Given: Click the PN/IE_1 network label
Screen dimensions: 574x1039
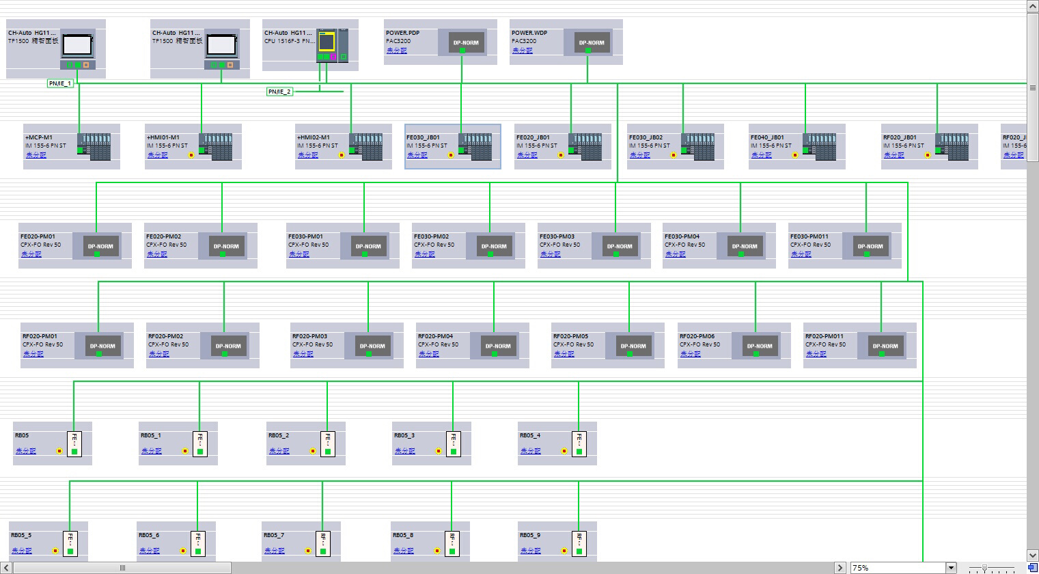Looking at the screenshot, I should tap(60, 83).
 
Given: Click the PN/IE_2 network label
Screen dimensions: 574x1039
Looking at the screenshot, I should tap(279, 92).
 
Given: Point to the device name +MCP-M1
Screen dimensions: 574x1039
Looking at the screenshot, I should tap(39, 137).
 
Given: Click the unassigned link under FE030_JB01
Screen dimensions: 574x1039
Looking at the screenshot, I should tap(417, 155).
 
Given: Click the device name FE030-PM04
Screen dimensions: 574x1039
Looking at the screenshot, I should tap(682, 236).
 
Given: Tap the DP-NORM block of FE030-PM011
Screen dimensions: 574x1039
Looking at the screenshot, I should tap(870, 246).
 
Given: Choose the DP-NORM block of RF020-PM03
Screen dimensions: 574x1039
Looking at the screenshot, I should tap(372, 346).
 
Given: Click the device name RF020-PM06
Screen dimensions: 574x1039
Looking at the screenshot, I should tap(697, 336).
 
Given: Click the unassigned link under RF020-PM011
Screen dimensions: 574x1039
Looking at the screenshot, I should tap(816, 354).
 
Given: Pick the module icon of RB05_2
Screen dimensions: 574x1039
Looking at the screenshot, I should tap(327, 443).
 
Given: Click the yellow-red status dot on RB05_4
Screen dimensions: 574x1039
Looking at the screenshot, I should tap(564, 451).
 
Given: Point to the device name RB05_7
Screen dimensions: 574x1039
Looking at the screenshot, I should tap(273, 535).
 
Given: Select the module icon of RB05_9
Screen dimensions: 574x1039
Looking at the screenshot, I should tap(579, 543).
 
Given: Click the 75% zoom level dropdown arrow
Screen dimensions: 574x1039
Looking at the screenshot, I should tap(950, 568).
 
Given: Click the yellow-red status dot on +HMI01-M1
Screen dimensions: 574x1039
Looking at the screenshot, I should tap(191, 155).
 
